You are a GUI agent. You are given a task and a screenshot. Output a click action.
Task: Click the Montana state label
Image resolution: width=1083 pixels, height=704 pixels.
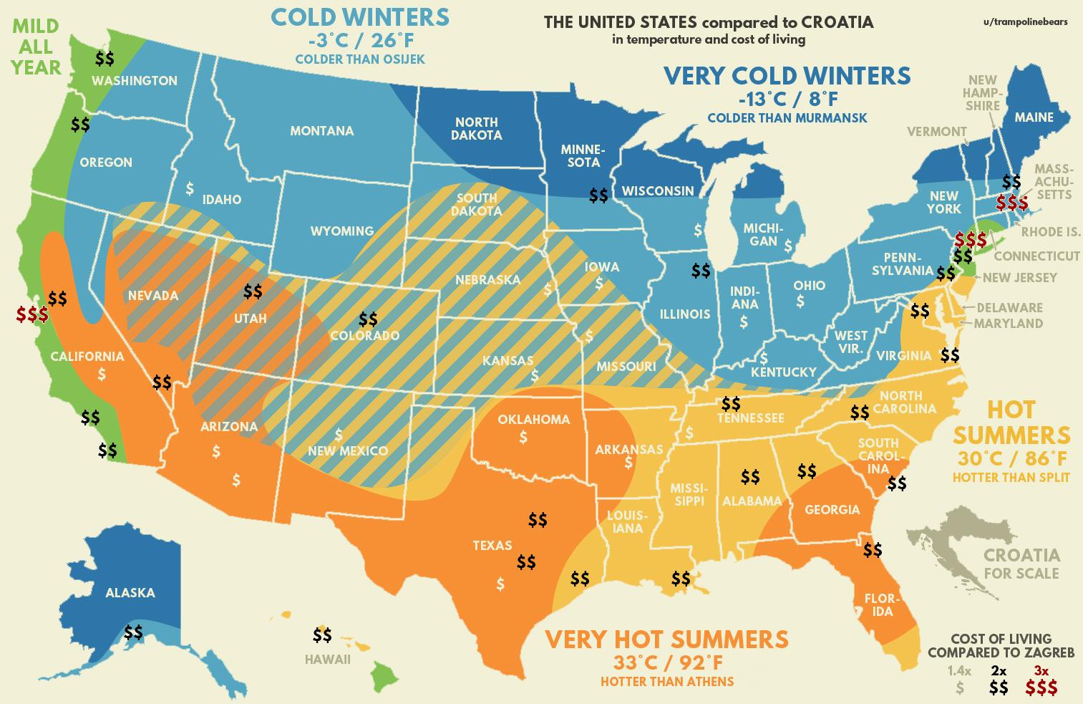point(321,131)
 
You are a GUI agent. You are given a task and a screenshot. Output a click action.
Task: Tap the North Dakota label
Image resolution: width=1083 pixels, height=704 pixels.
point(477,129)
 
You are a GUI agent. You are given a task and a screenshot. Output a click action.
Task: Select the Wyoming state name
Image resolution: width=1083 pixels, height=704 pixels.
point(341,231)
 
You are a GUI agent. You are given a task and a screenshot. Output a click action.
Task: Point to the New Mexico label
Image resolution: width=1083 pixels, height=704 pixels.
point(347,450)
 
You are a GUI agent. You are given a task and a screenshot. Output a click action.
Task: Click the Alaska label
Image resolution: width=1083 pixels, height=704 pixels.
point(130,593)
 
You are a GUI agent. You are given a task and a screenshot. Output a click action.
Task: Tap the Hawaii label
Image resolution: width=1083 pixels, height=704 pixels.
point(327,659)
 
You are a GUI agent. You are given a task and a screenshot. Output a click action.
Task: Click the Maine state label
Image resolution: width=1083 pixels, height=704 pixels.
point(1034,117)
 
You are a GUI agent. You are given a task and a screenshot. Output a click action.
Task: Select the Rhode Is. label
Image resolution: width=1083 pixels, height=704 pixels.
point(1050,232)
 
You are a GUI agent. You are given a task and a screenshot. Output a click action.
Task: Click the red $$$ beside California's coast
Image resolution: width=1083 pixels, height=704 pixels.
point(33,314)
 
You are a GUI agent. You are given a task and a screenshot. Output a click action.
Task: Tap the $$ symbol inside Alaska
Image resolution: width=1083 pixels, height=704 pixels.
point(133,632)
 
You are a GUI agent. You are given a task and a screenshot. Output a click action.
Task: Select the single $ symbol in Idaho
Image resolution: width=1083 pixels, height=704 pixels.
point(190,188)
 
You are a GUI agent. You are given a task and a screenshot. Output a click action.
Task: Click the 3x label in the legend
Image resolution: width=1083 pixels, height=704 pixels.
point(1041,671)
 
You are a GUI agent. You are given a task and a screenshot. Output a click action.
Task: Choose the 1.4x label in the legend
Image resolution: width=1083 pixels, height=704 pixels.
point(959,671)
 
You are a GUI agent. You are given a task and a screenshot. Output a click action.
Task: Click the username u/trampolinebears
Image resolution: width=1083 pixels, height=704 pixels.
point(1026,21)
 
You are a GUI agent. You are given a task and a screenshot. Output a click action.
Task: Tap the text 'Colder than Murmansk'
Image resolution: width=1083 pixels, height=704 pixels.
point(787,117)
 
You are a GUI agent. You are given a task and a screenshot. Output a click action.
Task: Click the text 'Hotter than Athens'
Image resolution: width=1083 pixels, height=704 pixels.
point(666,681)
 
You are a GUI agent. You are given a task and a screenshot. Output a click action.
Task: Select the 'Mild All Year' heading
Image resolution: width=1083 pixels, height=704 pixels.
point(36,47)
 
